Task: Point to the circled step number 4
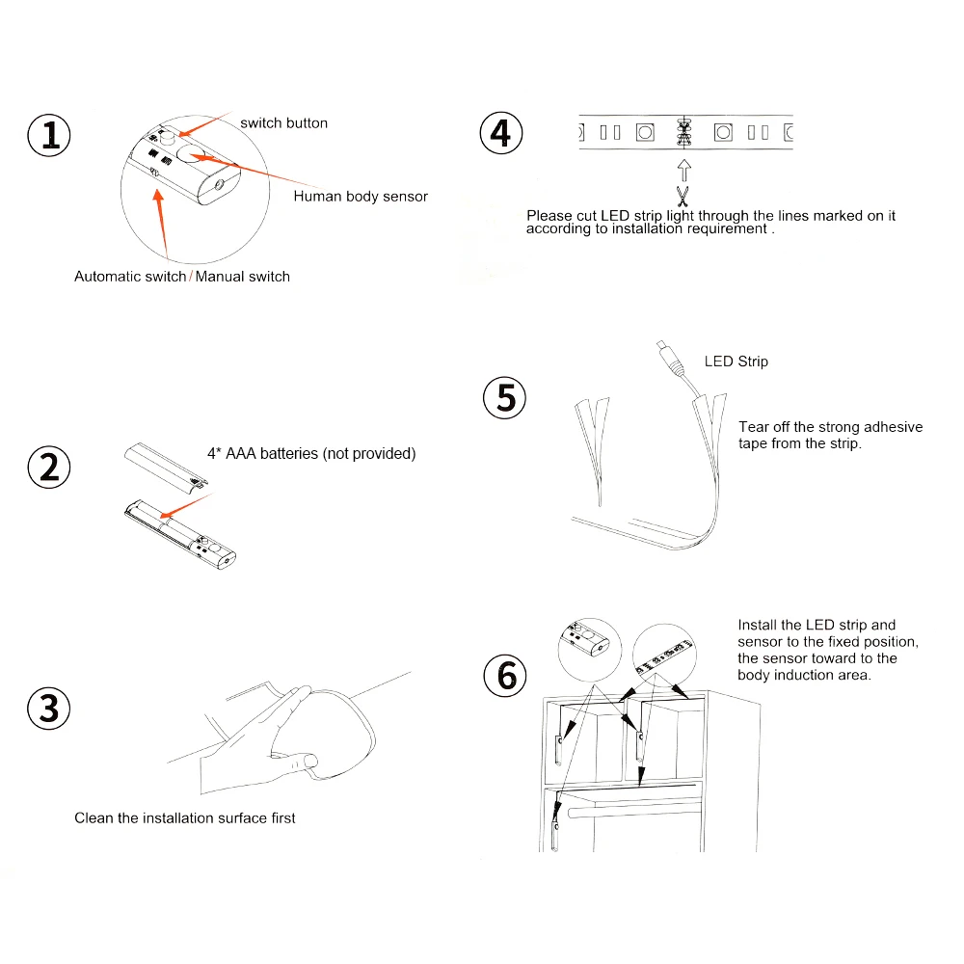tap(500, 132)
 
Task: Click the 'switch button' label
tap(283, 123)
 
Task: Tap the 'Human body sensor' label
tap(361, 197)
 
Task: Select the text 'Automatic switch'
tap(130, 277)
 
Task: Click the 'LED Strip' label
tap(736, 361)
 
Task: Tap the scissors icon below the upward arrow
tap(683, 197)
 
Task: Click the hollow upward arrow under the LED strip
tap(683, 170)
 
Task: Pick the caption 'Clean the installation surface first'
tap(185, 818)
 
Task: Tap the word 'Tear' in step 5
tap(754, 427)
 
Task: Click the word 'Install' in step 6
tap(758, 626)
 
